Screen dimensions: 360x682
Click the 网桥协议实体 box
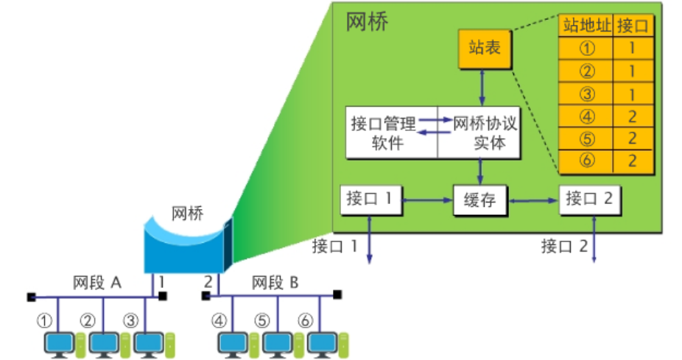pyautogui.click(x=479, y=133)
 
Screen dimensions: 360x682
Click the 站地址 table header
pyautogui.click(x=586, y=27)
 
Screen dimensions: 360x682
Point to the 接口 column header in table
pyautogui.click(x=633, y=27)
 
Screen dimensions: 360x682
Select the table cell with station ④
pyautogui.click(x=586, y=116)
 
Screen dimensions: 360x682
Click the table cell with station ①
pyautogui.click(x=586, y=49)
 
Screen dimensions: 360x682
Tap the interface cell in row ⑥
pyautogui.click(x=633, y=160)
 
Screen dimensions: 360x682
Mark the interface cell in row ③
pyautogui.click(x=633, y=93)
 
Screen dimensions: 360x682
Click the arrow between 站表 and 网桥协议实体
pyautogui.click(x=482, y=88)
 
